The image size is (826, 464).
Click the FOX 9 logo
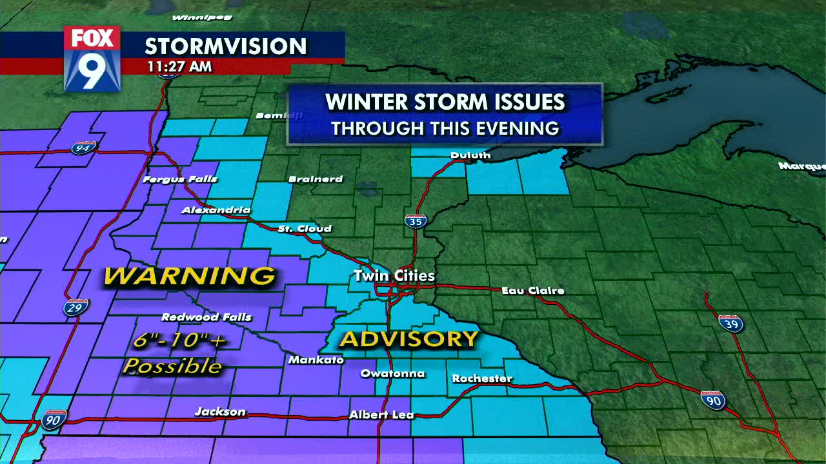(92, 59)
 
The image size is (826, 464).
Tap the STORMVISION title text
(225, 46)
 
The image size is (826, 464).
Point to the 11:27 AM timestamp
(179, 66)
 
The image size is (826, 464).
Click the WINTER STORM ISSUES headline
(445, 102)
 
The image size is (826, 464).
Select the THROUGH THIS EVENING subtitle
(445, 128)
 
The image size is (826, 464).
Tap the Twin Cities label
(394, 276)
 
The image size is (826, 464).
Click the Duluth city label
(470, 155)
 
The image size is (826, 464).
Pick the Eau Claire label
(533, 291)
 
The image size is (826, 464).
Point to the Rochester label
(482, 378)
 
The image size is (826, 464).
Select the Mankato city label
(316, 360)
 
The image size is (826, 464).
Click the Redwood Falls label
(206, 317)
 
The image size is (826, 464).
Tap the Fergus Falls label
(180, 179)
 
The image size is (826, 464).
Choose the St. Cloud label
(305, 229)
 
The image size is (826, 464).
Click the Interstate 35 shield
(416, 221)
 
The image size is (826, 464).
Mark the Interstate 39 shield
(730, 323)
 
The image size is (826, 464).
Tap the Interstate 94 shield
(84, 148)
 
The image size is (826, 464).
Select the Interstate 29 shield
(76, 307)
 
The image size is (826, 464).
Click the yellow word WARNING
(190, 276)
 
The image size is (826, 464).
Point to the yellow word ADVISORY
(409, 339)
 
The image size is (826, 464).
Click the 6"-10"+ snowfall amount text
(180, 341)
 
